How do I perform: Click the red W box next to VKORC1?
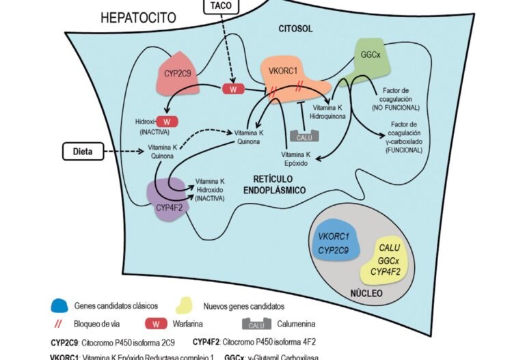tap(234, 89)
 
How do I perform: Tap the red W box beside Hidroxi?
tap(168, 122)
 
